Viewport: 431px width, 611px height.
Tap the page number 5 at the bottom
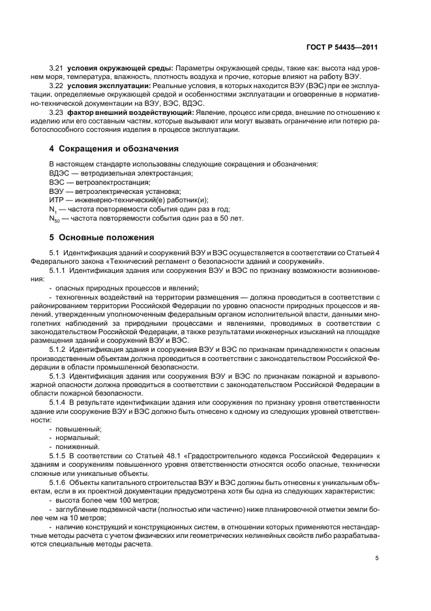[x=377, y=558]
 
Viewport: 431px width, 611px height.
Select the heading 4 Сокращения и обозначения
[x=113, y=149]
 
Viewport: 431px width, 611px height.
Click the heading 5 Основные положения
[x=102, y=237]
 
